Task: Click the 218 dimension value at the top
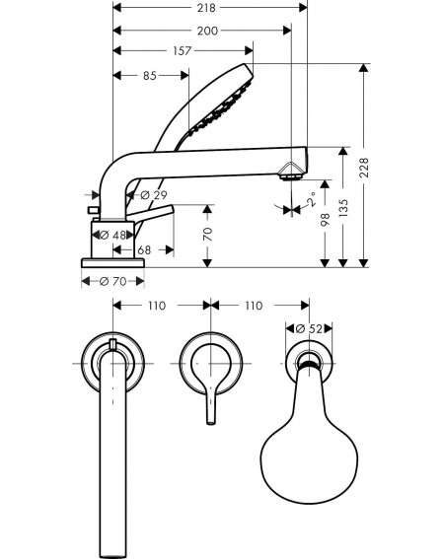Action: (x=206, y=8)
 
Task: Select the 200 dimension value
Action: (x=207, y=31)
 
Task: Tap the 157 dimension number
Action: (x=182, y=51)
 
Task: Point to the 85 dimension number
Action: (x=150, y=76)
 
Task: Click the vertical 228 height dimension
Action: (x=364, y=168)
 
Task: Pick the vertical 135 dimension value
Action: (x=343, y=208)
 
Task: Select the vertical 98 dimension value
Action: (x=326, y=220)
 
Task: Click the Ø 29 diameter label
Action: (x=154, y=195)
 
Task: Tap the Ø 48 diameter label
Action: (x=112, y=236)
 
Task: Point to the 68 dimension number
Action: (x=144, y=250)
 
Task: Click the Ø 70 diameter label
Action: (x=113, y=282)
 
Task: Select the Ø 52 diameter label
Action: (x=309, y=328)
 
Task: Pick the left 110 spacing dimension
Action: (x=157, y=306)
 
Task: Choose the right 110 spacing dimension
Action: (x=254, y=306)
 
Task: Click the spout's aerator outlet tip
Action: (x=290, y=177)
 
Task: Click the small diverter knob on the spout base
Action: (x=93, y=210)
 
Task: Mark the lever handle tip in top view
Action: (x=211, y=423)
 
